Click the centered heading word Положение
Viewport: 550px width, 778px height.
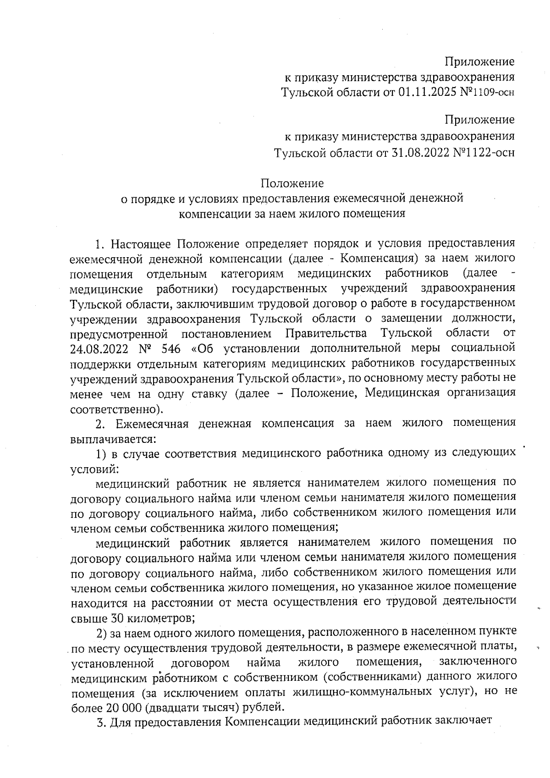point(292,183)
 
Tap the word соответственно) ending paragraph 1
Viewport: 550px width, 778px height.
point(116,408)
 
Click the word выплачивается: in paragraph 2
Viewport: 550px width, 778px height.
point(113,439)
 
